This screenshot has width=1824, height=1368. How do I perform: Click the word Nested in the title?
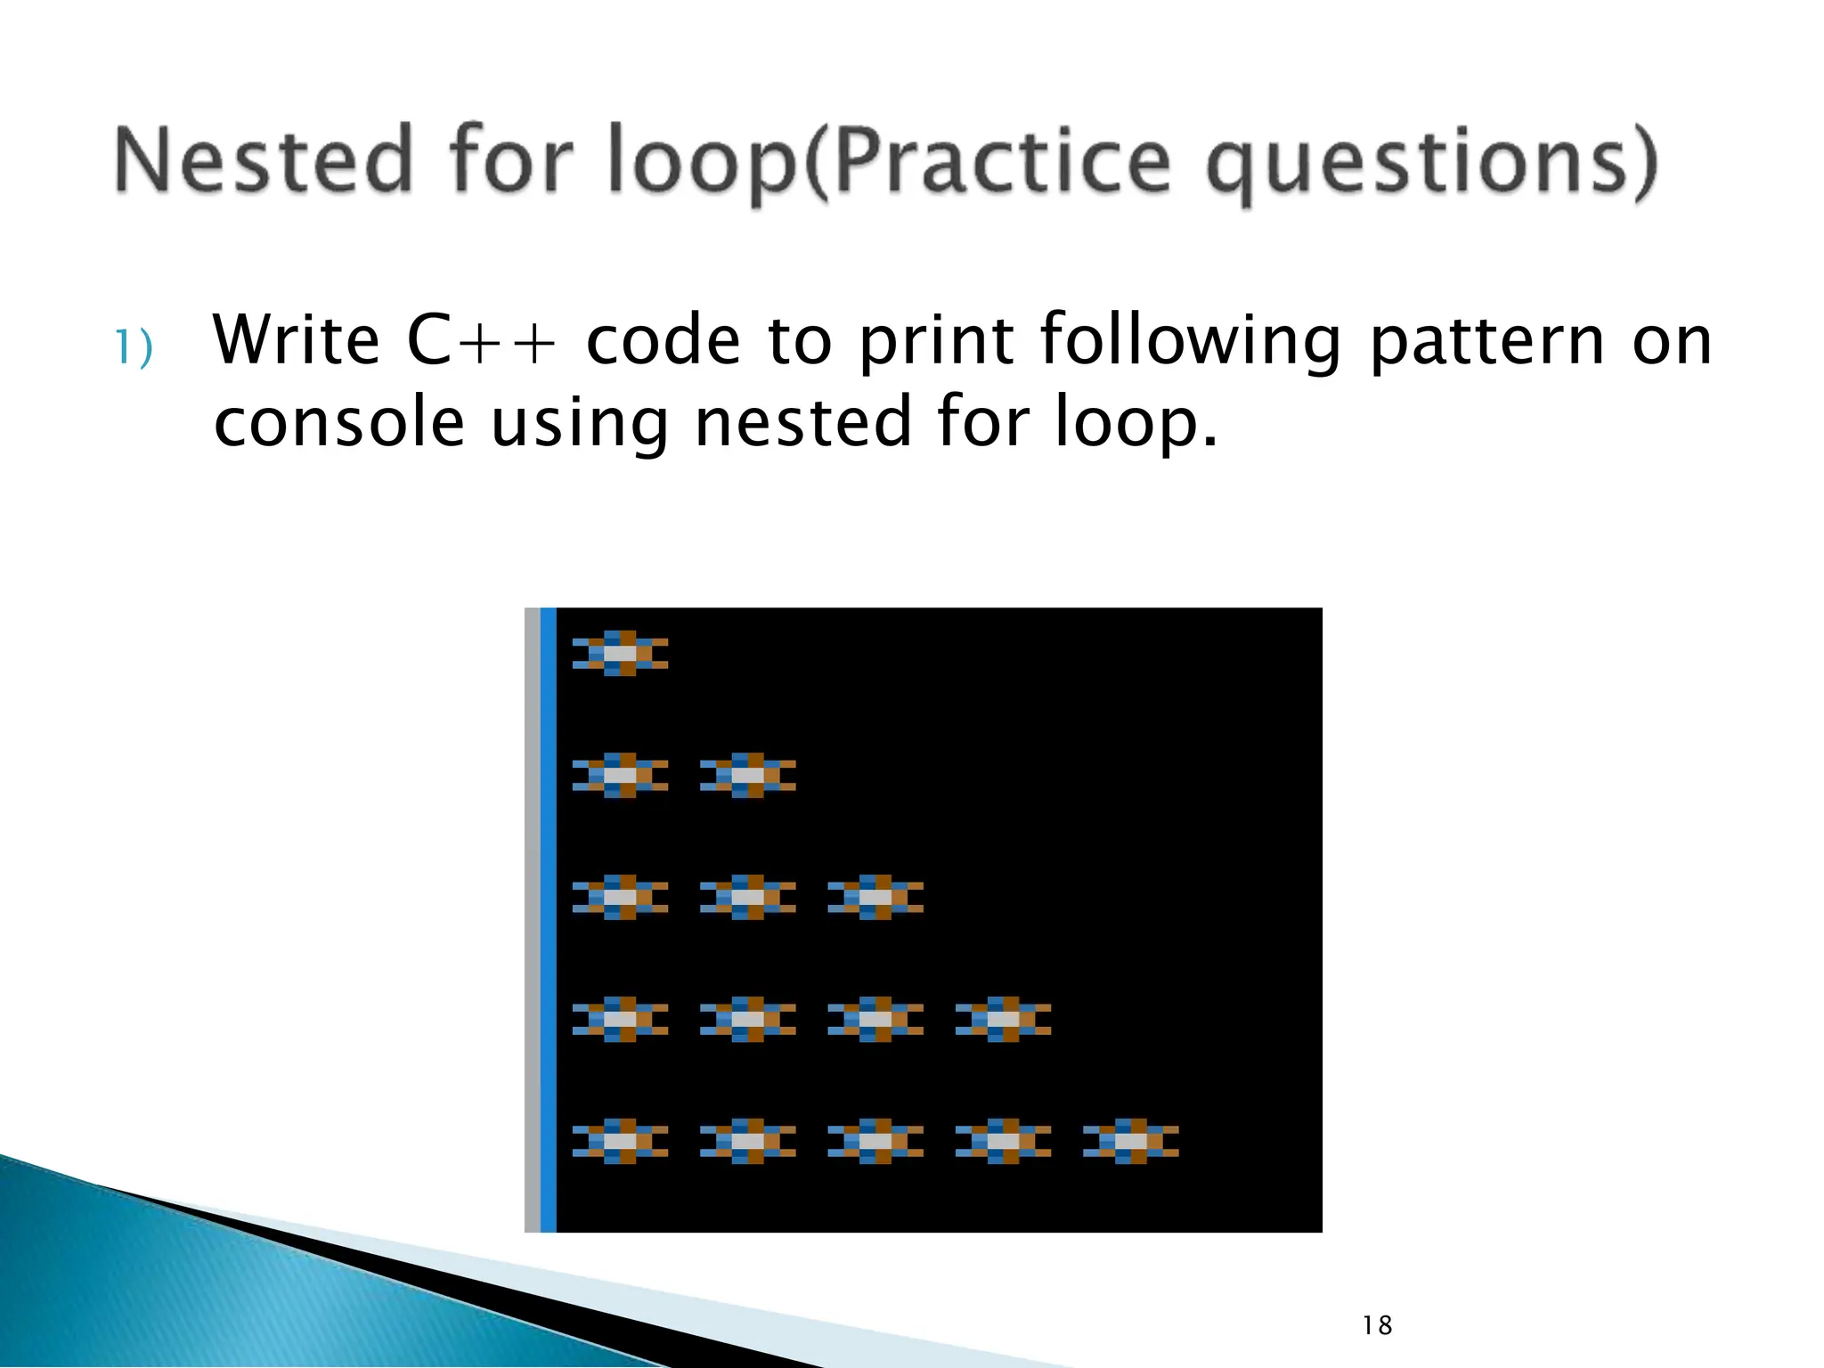pos(264,160)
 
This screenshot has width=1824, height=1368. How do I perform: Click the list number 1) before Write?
pos(134,347)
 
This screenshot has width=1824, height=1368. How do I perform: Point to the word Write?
pos(297,340)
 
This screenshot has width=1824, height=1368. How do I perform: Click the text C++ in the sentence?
pos(482,340)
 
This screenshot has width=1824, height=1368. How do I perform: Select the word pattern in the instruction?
pos(1486,340)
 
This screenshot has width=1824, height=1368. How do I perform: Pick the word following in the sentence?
pos(1190,342)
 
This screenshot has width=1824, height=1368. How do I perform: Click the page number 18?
pos(1377,1325)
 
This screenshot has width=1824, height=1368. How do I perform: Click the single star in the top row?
pos(620,653)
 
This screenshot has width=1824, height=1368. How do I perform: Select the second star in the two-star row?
pos(747,775)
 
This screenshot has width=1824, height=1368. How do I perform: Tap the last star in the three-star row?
pos(875,897)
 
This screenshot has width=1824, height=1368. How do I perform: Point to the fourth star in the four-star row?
pos(1003,1019)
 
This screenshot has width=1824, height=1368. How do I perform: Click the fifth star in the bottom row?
pos(1130,1141)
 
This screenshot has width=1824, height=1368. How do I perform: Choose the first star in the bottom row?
pos(620,1141)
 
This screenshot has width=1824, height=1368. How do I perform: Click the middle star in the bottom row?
pos(875,1141)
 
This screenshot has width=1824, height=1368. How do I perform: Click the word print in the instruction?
pos(936,342)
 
